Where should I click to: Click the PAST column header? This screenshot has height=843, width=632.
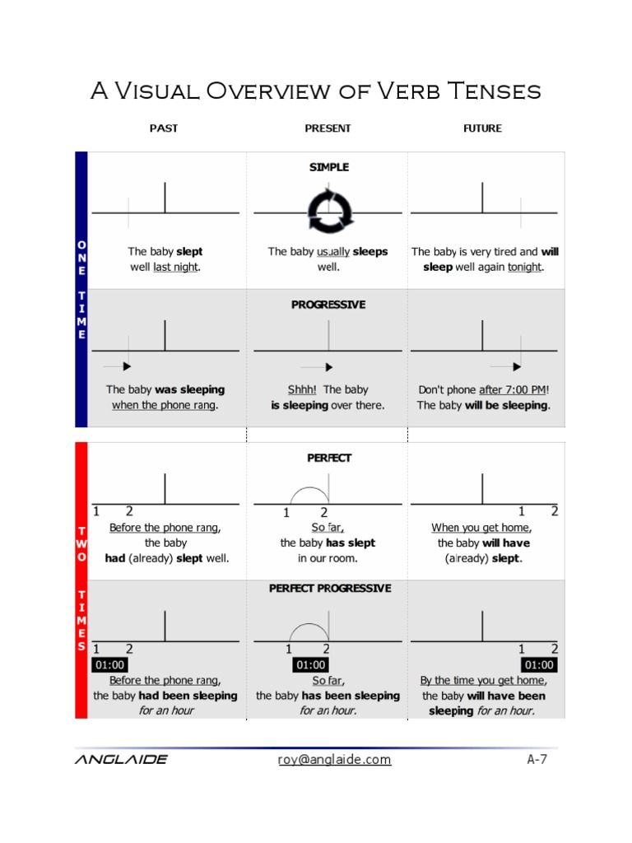[x=163, y=128]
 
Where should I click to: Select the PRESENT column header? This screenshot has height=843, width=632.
[x=328, y=128]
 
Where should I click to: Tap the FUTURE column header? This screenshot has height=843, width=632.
[x=482, y=128]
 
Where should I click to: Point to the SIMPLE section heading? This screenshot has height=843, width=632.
[x=329, y=167]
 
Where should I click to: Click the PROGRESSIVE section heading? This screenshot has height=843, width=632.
[x=328, y=305]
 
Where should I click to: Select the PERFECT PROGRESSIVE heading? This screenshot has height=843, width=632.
[x=330, y=589]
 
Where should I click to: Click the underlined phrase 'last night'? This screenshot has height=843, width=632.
[x=175, y=268]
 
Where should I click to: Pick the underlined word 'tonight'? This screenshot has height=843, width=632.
[x=524, y=268]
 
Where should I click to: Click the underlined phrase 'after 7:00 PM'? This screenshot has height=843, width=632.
[x=513, y=389]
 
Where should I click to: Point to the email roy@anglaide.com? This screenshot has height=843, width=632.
[x=334, y=760]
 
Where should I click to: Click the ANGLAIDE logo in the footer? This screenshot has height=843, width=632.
[x=121, y=760]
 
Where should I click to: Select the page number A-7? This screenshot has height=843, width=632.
[x=537, y=760]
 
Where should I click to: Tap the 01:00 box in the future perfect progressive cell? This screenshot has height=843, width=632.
[x=538, y=665]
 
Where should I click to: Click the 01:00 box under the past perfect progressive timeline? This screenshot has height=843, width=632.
[x=110, y=665]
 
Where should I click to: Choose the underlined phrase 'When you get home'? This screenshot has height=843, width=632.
[x=481, y=528]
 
